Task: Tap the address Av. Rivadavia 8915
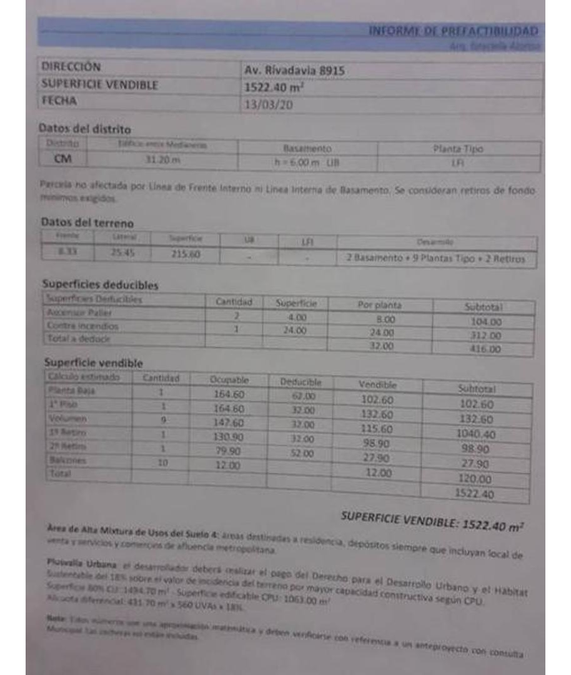294,71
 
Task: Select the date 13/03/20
268,104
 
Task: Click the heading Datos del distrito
85,129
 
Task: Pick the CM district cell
64,159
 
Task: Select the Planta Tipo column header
458,149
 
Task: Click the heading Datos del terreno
87,222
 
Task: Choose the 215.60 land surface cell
184,254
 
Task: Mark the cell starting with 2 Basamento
436,259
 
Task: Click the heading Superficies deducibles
100,285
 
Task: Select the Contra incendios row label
82,326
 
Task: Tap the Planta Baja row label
71,391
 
